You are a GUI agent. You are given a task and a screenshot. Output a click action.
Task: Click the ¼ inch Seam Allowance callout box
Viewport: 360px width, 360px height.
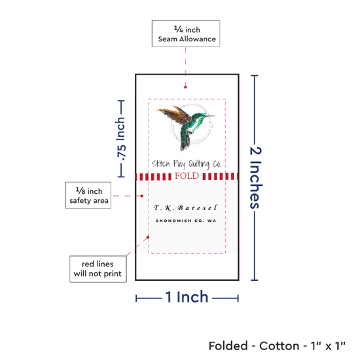click(186, 34)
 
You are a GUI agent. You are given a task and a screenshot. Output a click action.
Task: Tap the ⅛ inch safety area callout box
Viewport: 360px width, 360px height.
click(88, 196)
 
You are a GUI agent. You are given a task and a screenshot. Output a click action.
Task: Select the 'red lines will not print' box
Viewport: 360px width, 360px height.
click(98, 269)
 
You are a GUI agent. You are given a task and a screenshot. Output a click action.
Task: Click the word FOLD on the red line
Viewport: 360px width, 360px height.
click(187, 176)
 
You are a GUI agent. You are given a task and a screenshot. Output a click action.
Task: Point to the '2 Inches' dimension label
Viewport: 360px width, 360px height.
click(255, 177)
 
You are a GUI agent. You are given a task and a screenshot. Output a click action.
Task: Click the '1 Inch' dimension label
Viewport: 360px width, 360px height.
click(187, 297)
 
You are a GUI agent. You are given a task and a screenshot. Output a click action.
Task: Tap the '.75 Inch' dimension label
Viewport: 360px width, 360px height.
click(121, 139)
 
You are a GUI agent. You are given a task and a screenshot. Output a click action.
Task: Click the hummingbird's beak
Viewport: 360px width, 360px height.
click(210, 116)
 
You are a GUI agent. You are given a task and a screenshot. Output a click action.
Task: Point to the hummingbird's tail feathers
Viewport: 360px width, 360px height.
click(185, 143)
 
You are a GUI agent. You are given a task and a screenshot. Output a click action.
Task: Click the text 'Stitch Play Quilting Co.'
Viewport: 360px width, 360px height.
click(186, 164)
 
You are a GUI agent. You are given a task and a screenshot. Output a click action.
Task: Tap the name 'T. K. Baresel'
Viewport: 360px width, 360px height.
click(185, 207)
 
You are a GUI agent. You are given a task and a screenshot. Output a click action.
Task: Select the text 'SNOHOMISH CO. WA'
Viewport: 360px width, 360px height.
click(186, 221)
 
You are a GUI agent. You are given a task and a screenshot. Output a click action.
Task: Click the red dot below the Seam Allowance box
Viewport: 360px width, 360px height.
click(185, 87)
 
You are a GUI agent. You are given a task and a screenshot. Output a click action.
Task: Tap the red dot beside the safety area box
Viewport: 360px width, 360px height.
click(142, 196)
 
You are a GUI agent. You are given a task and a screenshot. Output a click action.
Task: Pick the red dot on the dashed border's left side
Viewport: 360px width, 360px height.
click(148, 237)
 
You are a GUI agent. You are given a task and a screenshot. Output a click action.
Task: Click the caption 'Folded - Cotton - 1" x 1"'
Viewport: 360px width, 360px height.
click(277, 346)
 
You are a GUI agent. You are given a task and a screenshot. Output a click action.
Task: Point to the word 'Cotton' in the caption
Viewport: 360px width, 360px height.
click(279, 346)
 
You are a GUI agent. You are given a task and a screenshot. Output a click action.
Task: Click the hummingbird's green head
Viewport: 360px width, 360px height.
click(199, 118)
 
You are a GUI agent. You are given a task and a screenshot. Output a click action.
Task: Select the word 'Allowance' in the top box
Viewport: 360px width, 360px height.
click(198, 39)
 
